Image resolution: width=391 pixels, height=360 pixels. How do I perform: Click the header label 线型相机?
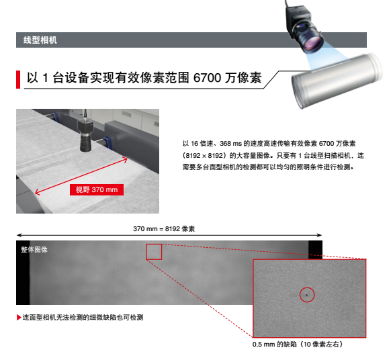click(x=40, y=40)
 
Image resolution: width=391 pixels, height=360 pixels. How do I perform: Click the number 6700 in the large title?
click(x=207, y=78)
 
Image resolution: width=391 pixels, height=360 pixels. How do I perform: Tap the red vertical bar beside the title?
click(x=18, y=79)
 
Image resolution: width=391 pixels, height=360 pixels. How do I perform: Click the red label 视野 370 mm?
click(x=97, y=189)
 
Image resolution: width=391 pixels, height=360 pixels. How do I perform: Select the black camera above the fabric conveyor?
click(x=85, y=134)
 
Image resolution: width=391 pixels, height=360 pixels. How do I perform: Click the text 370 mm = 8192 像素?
click(x=164, y=228)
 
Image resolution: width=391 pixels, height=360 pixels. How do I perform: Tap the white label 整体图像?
click(x=34, y=249)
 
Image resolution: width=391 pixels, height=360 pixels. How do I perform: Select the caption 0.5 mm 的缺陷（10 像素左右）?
click(x=298, y=345)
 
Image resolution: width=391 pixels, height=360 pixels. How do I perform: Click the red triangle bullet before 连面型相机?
click(x=18, y=318)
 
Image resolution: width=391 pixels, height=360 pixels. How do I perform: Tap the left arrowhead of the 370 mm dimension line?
click(x=18, y=235)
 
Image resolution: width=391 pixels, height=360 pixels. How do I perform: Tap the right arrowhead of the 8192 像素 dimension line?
click(x=320, y=235)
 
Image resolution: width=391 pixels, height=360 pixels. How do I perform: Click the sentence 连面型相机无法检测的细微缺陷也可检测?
click(x=83, y=318)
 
